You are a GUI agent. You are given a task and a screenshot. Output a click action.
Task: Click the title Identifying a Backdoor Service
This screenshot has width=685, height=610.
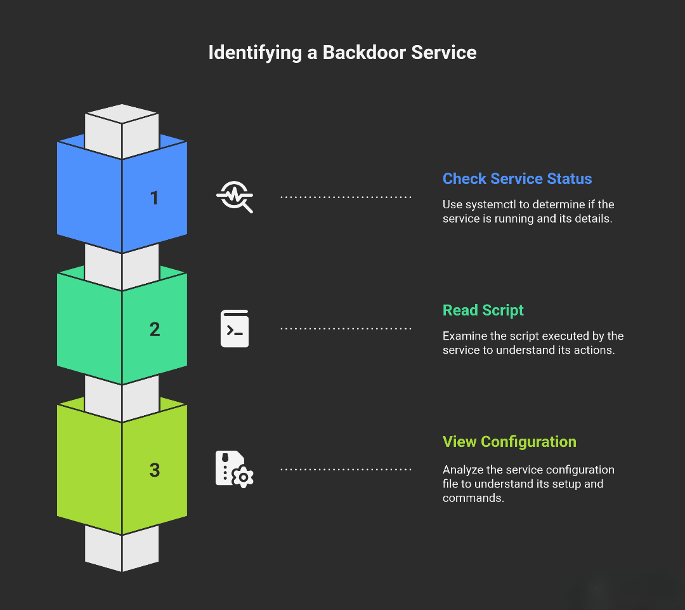pos(342,52)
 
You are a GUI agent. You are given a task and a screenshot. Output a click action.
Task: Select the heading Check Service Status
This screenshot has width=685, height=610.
pos(517,179)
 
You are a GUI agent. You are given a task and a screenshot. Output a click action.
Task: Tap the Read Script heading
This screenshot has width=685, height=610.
pos(483,310)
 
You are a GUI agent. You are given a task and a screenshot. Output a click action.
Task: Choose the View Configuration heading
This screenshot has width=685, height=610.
pos(509,442)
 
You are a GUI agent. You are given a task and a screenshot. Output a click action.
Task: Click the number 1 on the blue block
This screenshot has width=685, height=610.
pos(154,198)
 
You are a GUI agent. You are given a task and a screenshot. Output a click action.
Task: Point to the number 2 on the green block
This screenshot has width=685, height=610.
pos(155,329)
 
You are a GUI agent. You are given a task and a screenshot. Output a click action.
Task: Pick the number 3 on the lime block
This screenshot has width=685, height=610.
pos(155,470)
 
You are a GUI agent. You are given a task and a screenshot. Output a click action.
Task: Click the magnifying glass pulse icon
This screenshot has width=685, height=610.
pos(235,197)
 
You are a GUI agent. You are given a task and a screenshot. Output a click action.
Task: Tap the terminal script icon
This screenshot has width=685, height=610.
pos(235,329)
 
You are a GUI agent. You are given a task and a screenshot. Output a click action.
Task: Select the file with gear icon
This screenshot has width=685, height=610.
pos(235,469)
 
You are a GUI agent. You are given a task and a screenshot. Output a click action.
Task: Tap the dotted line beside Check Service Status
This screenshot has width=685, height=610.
pos(346,197)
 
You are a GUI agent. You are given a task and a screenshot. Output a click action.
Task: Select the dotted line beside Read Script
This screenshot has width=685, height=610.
pos(346,329)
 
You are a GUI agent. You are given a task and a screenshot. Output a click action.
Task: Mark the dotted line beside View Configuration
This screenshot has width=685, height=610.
pos(346,470)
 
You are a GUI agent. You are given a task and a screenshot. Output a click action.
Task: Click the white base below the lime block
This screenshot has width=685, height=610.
pos(122,549)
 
